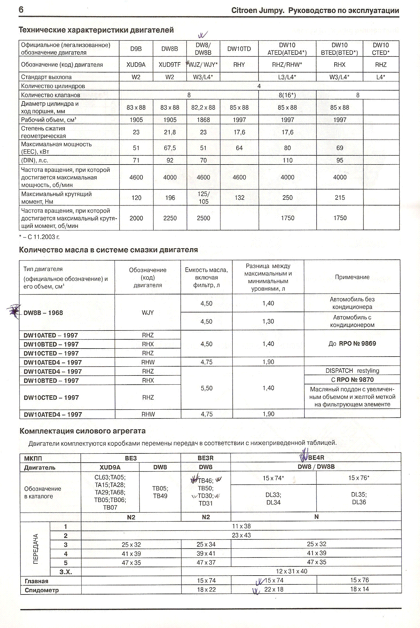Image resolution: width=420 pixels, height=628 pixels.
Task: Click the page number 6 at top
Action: click(21, 10)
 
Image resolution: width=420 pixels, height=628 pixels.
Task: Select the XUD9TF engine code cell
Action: click(170, 65)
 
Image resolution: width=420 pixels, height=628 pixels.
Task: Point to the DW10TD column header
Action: click(239, 49)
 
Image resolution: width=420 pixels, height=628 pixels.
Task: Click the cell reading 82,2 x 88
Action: click(203, 107)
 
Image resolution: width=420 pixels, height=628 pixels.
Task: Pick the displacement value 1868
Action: click(203, 120)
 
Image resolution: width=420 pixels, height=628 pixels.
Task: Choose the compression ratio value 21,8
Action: click(170, 132)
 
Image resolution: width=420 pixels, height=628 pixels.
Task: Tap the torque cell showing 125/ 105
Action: click(203, 198)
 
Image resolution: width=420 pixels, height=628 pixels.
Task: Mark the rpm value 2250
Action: click(170, 218)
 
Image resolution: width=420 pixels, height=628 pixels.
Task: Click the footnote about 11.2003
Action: click(39, 237)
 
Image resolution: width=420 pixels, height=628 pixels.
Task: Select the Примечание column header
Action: click(352, 277)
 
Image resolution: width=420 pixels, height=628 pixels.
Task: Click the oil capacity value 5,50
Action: click(207, 388)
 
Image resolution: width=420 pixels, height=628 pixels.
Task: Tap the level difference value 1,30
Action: click(268, 321)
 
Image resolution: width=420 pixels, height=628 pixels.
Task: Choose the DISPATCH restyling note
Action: click(352, 371)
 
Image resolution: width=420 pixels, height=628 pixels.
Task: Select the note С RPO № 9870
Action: click(352, 380)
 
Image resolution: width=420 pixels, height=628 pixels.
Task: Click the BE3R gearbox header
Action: click(205, 458)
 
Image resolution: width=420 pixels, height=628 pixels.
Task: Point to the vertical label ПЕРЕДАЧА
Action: click(36, 549)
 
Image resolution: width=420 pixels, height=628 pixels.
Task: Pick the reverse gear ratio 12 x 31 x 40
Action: click(291, 571)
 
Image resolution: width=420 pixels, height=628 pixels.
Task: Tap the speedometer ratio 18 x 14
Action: click(359, 589)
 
